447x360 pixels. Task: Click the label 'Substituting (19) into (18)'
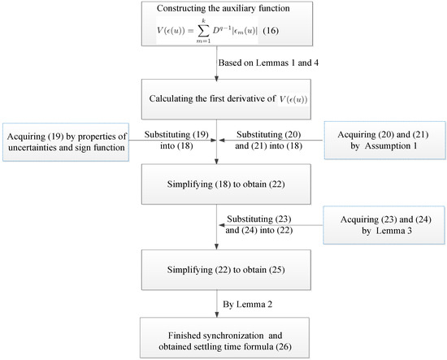[174, 137]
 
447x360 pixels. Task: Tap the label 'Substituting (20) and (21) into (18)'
[261, 137]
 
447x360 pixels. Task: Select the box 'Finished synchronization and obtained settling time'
[215, 337]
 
